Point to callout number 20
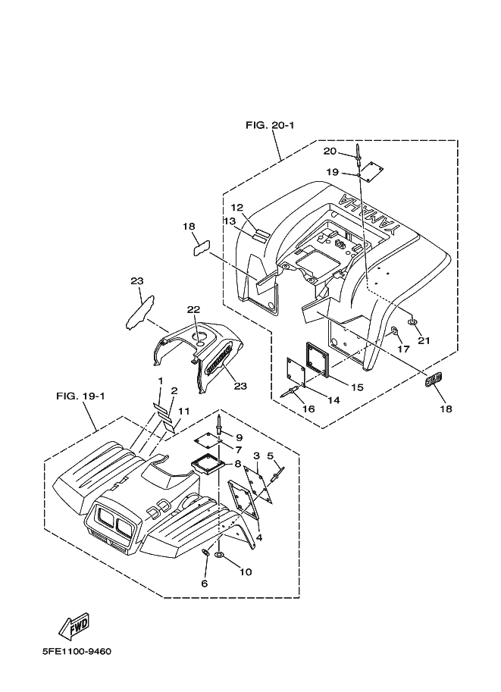tap(330, 152)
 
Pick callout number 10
tap(245, 572)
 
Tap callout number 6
tap(204, 583)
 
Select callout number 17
tap(402, 349)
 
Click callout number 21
tap(424, 340)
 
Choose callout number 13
tap(230, 221)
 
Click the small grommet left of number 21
tap(413, 323)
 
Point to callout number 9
tap(238, 437)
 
